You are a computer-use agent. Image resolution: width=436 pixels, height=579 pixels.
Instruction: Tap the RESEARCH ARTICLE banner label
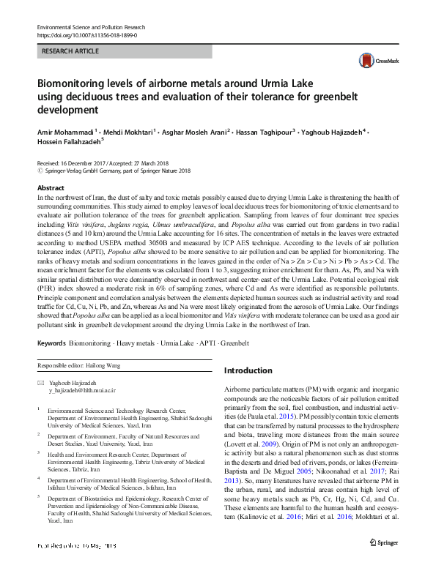coord(71,51)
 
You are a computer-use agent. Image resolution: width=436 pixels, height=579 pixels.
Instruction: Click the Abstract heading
coord(51,188)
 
